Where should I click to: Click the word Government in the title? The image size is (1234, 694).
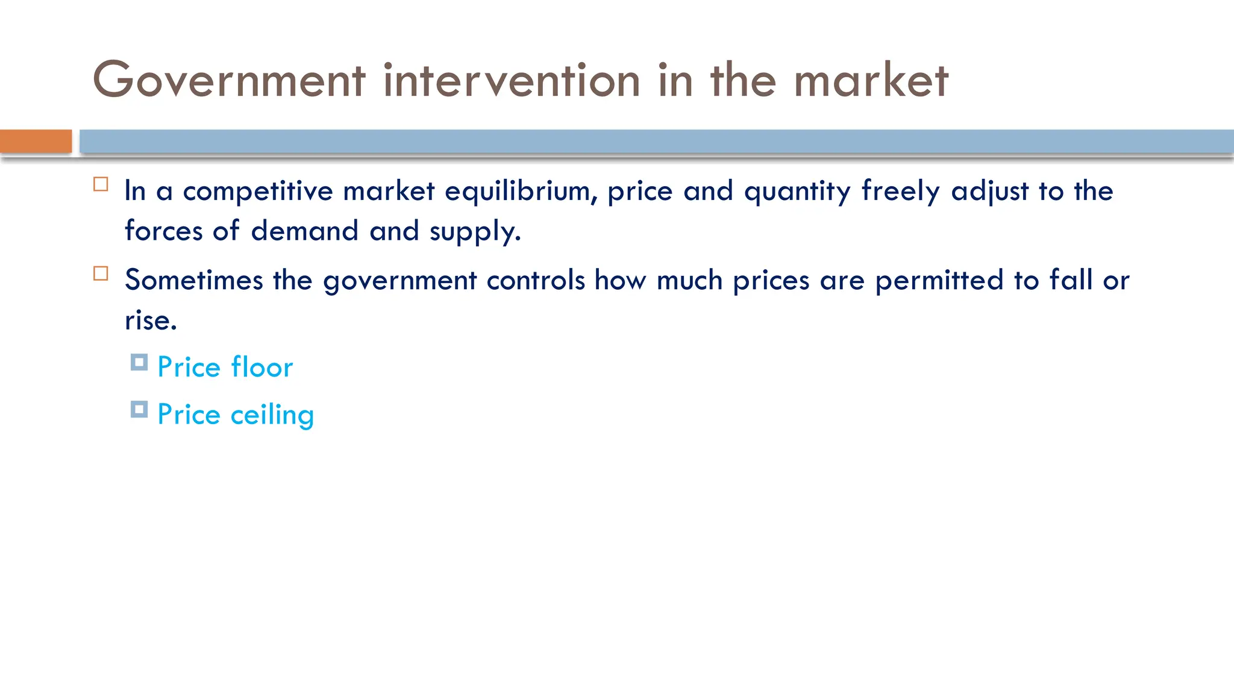tap(229, 80)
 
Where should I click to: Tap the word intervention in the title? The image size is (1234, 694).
tap(512, 80)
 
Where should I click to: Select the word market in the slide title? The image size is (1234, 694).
tap(871, 80)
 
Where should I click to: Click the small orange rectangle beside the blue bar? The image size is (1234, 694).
tap(36, 142)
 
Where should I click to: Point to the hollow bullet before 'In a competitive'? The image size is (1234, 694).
tap(101, 184)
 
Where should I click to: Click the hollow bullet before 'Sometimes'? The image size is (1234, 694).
tap(101, 274)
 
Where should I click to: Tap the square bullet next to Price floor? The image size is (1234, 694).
tap(139, 363)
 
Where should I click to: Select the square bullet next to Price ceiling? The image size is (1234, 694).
tap(139, 410)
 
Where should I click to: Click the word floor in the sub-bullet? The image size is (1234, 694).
tap(262, 367)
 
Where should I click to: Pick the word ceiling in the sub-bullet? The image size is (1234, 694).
tap(272, 415)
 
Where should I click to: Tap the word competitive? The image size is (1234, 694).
tap(258, 192)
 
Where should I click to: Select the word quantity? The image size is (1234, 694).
tap(798, 192)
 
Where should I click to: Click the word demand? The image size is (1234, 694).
tap(304, 231)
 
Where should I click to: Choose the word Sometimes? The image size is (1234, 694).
tap(194, 281)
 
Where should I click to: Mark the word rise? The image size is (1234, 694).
tap(149, 320)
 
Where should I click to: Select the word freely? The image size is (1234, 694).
tap(901, 192)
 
